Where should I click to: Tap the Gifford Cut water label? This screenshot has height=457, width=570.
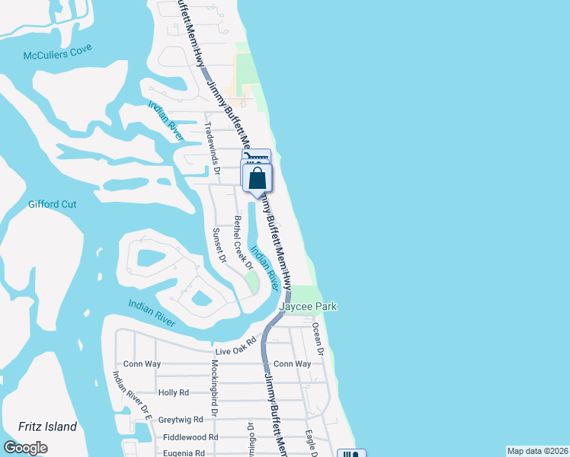click(53, 204)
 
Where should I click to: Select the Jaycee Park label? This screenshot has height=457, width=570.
click(308, 306)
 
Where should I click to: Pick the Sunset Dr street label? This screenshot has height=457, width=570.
click(219, 245)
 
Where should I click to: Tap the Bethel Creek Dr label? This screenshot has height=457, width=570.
click(242, 242)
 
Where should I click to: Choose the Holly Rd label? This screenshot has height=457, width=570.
click(173, 392)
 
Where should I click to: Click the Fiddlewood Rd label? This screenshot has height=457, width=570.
click(191, 437)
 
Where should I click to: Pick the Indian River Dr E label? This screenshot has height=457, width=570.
click(133, 397)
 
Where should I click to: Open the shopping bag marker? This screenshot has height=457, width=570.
click(258, 179)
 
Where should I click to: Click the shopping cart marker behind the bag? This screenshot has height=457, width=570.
click(256, 155)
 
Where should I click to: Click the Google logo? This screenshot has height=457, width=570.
click(25, 448)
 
